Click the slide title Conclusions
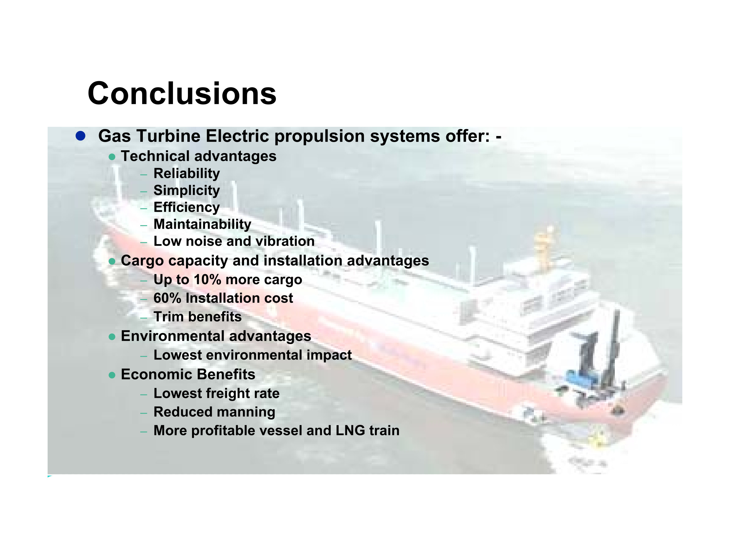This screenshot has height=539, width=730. click(x=182, y=94)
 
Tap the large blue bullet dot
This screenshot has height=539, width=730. click(x=80, y=136)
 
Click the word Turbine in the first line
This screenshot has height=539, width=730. click(x=169, y=136)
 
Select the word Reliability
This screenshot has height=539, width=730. click(x=187, y=173)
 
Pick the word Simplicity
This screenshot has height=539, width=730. click(x=187, y=191)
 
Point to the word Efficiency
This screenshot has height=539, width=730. click(x=187, y=207)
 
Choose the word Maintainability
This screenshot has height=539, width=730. click(x=202, y=224)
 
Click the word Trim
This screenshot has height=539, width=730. click(x=168, y=317)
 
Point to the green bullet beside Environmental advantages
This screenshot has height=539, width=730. click(x=112, y=337)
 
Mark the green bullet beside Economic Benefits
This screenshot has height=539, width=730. click(x=112, y=375)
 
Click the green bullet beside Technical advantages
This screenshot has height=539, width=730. click(x=112, y=157)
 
